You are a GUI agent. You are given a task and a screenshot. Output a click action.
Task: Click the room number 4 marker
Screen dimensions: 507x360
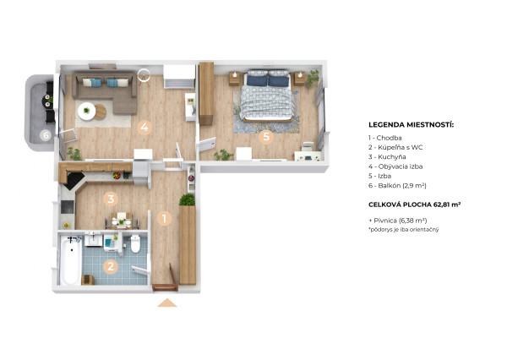coord(144,127)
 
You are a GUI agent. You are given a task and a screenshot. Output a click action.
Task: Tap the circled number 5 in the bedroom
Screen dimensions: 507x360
coord(266,137)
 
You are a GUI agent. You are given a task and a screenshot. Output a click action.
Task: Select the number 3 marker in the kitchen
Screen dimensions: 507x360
coord(111,199)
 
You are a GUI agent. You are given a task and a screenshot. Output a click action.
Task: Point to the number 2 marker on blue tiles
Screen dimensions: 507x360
coord(111,267)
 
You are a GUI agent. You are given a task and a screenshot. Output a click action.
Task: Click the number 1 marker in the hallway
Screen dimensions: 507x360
coord(164,219)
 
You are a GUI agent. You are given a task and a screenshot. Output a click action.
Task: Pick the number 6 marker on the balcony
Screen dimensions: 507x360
coord(46,135)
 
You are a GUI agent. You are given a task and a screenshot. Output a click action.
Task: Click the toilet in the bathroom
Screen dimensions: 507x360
coord(135,244)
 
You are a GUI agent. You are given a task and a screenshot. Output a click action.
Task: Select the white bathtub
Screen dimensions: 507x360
coord(70,260)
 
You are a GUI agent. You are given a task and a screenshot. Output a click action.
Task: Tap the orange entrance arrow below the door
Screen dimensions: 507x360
coord(167,303)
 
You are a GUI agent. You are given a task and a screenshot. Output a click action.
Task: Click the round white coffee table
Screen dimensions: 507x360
coord(86,111)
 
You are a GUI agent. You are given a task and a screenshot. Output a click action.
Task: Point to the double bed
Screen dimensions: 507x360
coord(268,95)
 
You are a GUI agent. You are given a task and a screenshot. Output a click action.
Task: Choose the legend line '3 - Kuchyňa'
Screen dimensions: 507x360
coord(387,157)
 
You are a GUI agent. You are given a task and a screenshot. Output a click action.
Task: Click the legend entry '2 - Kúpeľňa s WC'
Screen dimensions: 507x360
coord(395,147)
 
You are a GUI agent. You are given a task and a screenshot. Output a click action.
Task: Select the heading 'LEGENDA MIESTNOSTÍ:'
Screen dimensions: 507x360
coord(411,124)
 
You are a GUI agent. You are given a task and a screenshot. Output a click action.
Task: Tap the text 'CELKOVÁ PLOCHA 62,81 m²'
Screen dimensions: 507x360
coord(415,205)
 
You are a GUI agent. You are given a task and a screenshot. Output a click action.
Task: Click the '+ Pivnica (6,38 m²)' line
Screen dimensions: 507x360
coord(398,221)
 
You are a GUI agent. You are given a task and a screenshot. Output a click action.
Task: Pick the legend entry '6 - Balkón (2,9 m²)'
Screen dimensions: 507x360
coord(397,186)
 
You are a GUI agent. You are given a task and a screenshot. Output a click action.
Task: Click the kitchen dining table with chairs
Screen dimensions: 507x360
coord(122,221)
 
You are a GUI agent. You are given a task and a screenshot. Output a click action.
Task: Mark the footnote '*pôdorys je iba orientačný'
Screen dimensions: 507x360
coord(404,230)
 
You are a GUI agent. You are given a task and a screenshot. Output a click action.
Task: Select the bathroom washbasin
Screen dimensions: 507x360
coord(94,240)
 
